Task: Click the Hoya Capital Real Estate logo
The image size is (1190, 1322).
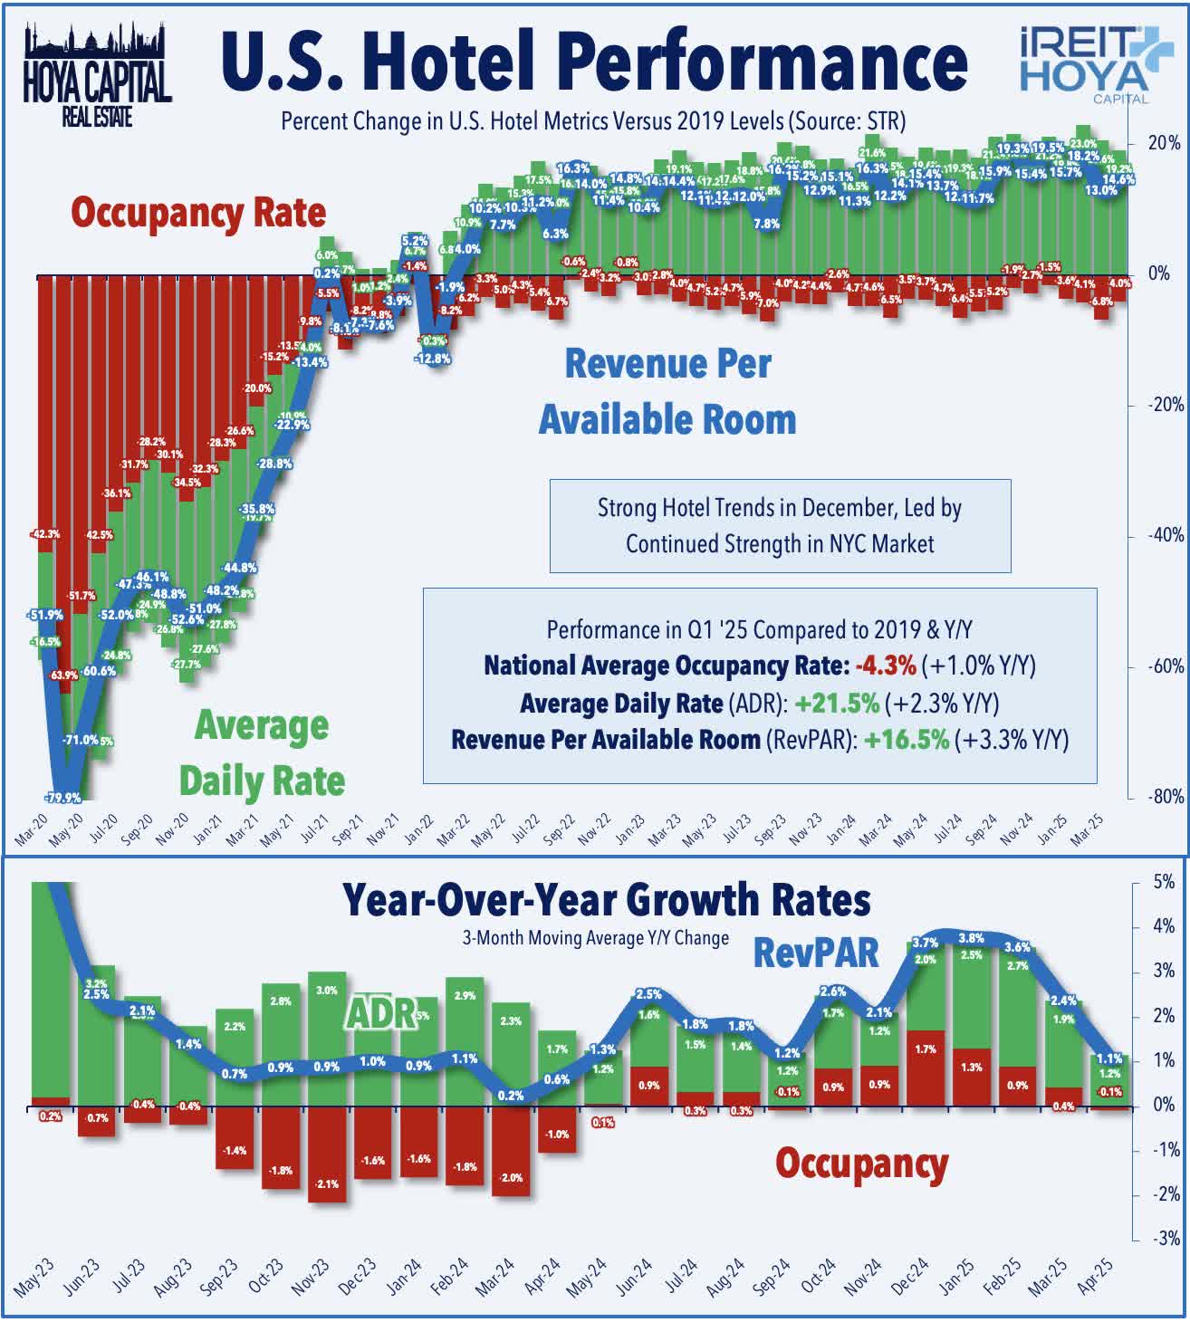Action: pos(97,76)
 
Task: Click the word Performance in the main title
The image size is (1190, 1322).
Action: pos(763,62)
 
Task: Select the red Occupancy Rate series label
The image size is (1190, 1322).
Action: pos(198,213)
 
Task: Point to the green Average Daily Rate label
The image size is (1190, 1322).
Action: pos(262,753)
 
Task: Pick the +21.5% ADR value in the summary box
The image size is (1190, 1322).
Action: pos(836,704)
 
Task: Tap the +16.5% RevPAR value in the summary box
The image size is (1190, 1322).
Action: pos(906,740)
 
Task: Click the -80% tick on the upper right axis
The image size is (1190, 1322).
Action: pos(1166,797)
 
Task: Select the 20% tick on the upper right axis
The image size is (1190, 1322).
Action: pos(1164,142)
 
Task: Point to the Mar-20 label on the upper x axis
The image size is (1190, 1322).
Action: pos(33,829)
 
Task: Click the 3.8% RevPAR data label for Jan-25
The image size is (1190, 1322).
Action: pos(971,939)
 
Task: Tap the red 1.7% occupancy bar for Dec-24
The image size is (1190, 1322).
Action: pos(925,1068)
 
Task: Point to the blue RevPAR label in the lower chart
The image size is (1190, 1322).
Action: pos(816,953)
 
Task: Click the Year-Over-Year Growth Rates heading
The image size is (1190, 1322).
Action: pos(606,901)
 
